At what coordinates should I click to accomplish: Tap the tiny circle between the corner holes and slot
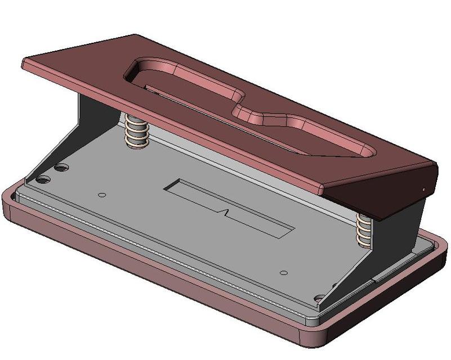tap(102, 195)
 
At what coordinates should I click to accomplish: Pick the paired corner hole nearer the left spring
tap(60, 168)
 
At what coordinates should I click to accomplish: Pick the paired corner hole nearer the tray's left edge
tap(43, 181)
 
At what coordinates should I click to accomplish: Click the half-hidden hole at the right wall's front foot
tap(320, 299)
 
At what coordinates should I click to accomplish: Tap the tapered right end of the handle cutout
tap(360, 149)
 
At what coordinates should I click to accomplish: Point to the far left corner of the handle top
tap(25, 61)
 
